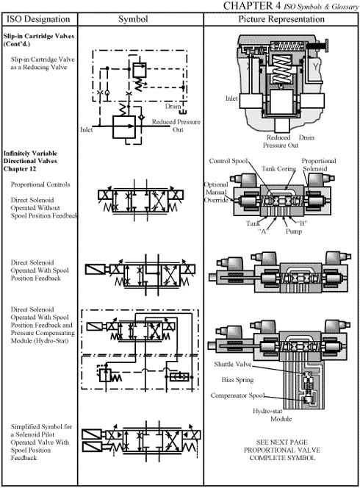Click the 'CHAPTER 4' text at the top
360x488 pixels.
281,6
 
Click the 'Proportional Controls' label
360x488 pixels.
40,184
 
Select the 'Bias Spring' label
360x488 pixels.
239,381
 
